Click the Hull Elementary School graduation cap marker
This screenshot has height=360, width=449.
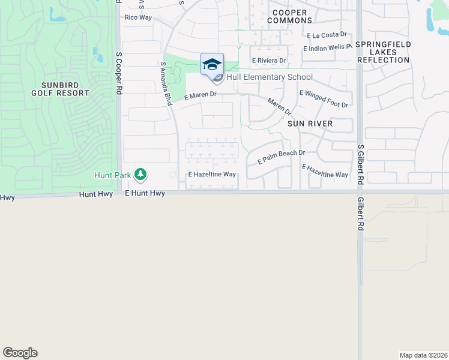tap(212, 64)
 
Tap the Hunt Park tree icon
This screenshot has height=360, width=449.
tap(140, 175)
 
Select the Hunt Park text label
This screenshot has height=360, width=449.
tap(112, 175)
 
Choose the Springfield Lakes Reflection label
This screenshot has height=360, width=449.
tap(383, 52)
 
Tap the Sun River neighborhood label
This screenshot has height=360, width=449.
tap(310, 123)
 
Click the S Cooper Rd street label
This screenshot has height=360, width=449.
tap(119, 73)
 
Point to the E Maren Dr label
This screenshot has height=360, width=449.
tap(200, 95)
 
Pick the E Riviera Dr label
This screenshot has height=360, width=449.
tap(270, 61)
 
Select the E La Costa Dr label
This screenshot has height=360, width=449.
tap(327, 35)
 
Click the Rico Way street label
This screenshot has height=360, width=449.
tap(138, 17)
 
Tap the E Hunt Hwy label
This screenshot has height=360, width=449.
tap(145, 193)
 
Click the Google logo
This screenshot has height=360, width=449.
tap(20, 353)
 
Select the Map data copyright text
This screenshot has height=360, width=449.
tap(423, 355)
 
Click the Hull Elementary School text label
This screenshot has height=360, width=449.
tap(269, 77)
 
